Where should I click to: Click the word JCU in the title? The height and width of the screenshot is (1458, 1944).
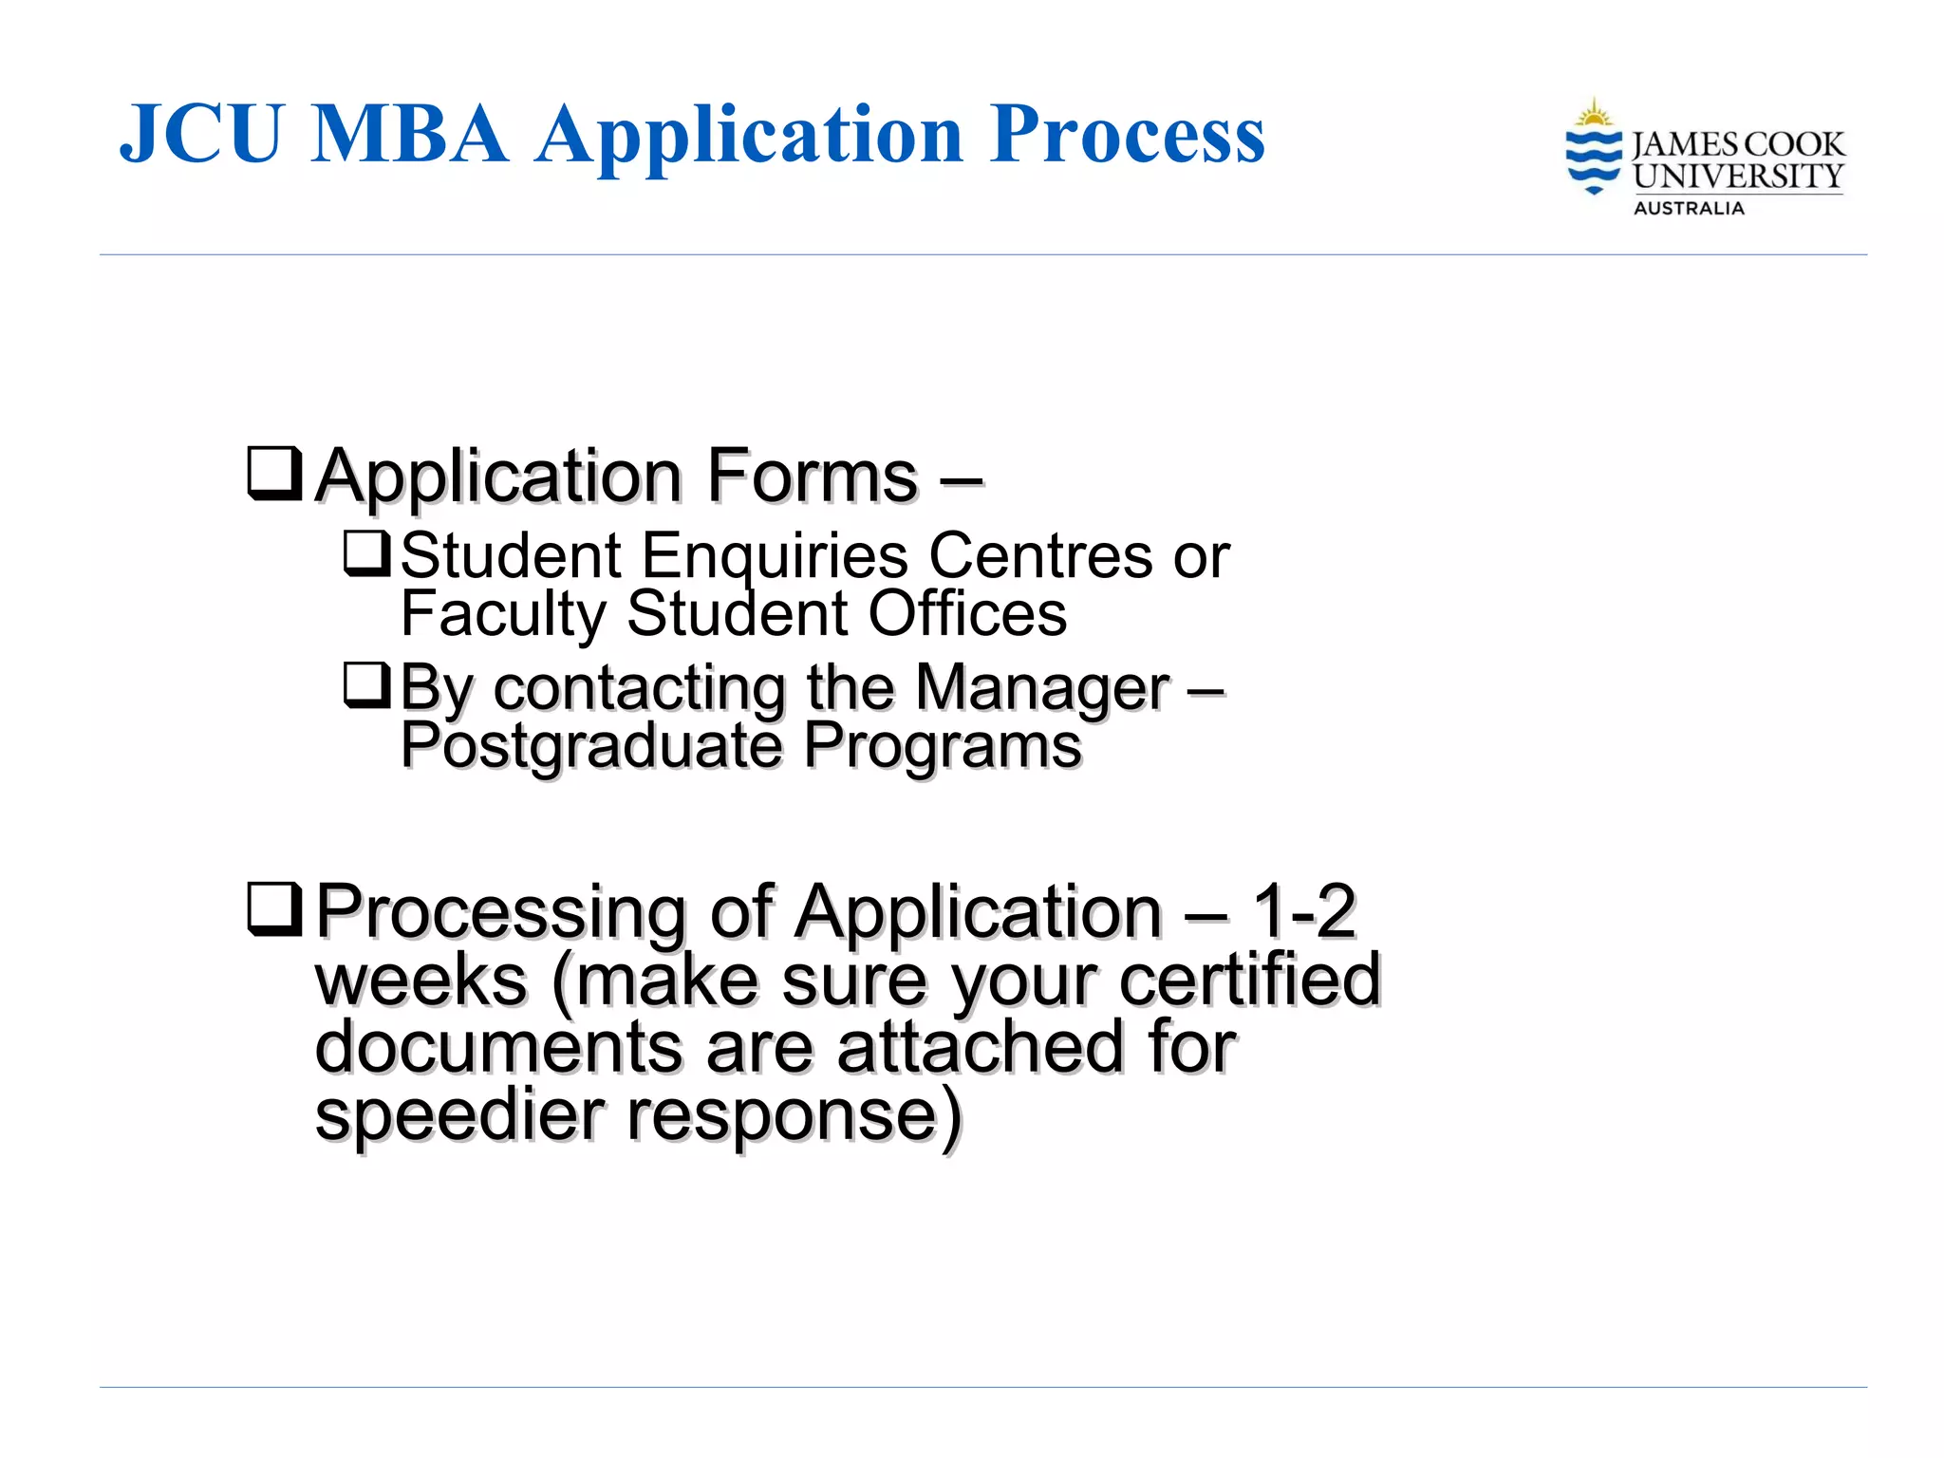[x=201, y=134]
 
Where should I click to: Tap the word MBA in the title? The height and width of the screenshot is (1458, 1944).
[x=409, y=134]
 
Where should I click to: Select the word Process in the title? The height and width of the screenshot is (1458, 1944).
[x=1127, y=134]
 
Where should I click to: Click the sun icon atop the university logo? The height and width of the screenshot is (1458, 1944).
[x=1594, y=115]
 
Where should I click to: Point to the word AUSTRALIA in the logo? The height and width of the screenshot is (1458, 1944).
[x=1689, y=209]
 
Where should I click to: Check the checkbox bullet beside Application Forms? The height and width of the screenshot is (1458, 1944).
[x=274, y=473]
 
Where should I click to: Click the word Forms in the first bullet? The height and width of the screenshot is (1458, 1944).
[x=813, y=475]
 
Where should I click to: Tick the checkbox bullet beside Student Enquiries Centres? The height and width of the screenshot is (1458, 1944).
[x=366, y=553]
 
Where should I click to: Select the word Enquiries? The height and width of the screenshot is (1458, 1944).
[x=775, y=557]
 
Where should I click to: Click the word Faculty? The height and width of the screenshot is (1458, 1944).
[x=503, y=614]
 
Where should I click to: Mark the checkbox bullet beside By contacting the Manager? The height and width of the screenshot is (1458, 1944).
[x=366, y=685]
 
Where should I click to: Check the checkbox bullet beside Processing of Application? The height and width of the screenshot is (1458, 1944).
[x=274, y=908]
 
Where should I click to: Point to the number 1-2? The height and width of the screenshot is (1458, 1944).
[x=1304, y=911]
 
